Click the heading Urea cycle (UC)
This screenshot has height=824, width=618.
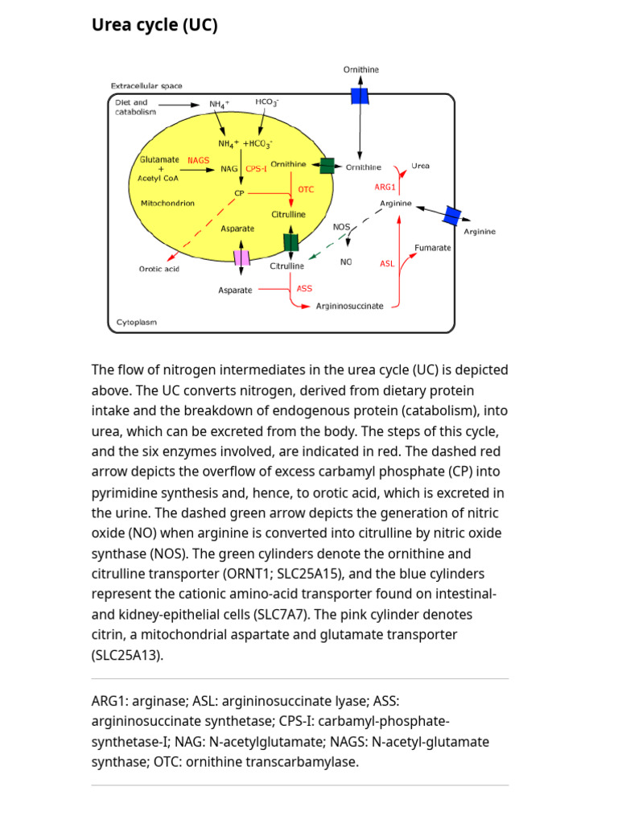click(154, 26)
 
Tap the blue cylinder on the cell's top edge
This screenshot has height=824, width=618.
click(360, 97)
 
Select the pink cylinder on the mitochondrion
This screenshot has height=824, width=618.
click(241, 258)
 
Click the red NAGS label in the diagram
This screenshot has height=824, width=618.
click(198, 160)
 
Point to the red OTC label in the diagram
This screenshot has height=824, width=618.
click(306, 190)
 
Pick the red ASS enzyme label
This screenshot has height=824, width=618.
click(304, 288)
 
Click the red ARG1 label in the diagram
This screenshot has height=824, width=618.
click(385, 187)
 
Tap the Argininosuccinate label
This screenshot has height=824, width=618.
click(349, 307)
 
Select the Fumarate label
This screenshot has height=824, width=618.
click(432, 248)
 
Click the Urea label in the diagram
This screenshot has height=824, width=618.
click(420, 166)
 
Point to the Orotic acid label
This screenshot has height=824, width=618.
click(159, 269)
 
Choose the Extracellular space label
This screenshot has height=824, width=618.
click(146, 85)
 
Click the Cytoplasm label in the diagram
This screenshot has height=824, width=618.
click(137, 322)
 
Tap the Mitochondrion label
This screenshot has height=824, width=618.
click(167, 204)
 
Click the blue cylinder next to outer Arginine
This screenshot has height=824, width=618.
click(452, 216)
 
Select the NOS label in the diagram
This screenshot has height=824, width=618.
click(341, 227)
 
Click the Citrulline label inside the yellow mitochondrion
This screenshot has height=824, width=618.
click(288, 215)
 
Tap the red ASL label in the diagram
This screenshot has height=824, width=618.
click(387, 264)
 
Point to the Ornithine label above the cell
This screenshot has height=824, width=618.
click(361, 70)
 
